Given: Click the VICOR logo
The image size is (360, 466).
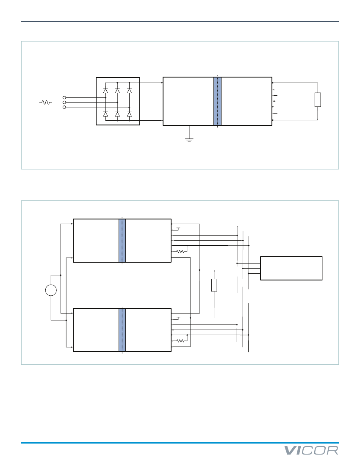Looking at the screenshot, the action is pyautogui.click(x=311, y=451).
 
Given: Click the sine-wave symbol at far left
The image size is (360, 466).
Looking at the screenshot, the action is pyautogui.click(x=45, y=102).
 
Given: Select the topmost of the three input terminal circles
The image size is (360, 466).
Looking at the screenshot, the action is pyautogui.click(x=64, y=97).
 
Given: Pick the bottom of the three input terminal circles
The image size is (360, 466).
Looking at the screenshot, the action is pyautogui.click(x=64, y=107).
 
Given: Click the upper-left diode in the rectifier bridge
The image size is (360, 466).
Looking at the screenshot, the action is pyautogui.click(x=105, y=91).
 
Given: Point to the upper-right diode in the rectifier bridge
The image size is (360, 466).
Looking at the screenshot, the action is pyautogui.click(x=129, y=91).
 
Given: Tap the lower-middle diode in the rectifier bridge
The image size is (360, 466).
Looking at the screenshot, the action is pyautogui.click(x=117, y=114).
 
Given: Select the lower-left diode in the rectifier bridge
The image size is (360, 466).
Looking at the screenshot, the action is pyautogui.click(x=105, y=114).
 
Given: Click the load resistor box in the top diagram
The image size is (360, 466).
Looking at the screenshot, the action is pyautogui.click(x=318, y=100).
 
